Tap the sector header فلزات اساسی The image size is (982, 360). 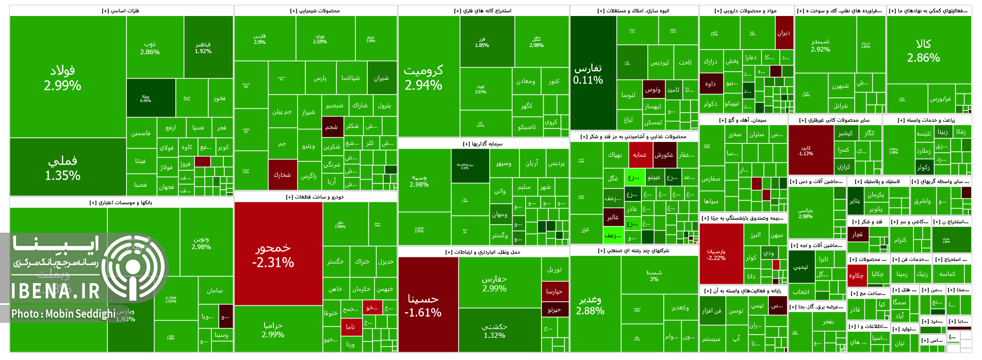pyautogui.click(x=121, y=11)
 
